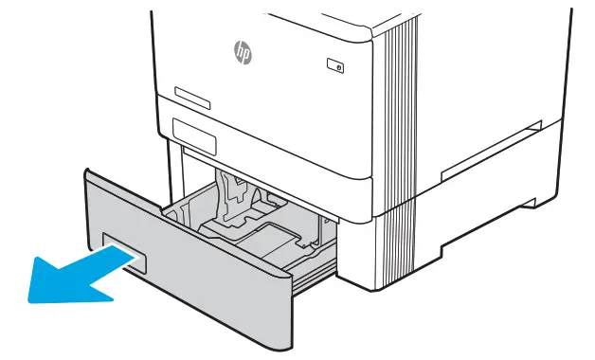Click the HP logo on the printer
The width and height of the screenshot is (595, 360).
pos(243,52)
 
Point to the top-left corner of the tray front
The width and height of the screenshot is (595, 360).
pos(87,172)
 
